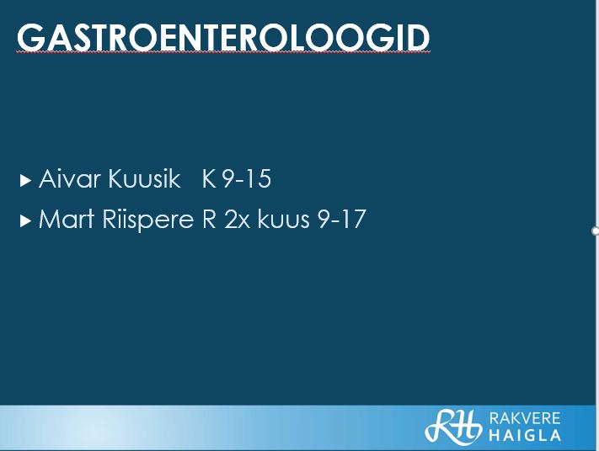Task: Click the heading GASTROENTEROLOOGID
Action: [223, 37]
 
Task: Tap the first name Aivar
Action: [70, 178]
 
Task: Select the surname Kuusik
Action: [144, 178]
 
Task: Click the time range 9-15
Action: [247, 178]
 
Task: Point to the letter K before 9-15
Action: [209, 178]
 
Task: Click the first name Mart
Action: [67, 219]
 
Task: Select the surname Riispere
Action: [147, 220]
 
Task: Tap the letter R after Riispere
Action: [209, 219]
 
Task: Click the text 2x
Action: [237, 220]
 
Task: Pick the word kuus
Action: [283, 219]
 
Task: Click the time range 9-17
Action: [341, 219]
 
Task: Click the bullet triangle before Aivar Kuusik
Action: [25, 180]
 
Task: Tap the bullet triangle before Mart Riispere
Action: [25, 221]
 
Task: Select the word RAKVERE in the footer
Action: [525, 418]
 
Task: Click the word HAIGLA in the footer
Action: [525, 435]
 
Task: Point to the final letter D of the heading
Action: [418, 37]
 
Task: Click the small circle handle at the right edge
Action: [595, 231]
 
